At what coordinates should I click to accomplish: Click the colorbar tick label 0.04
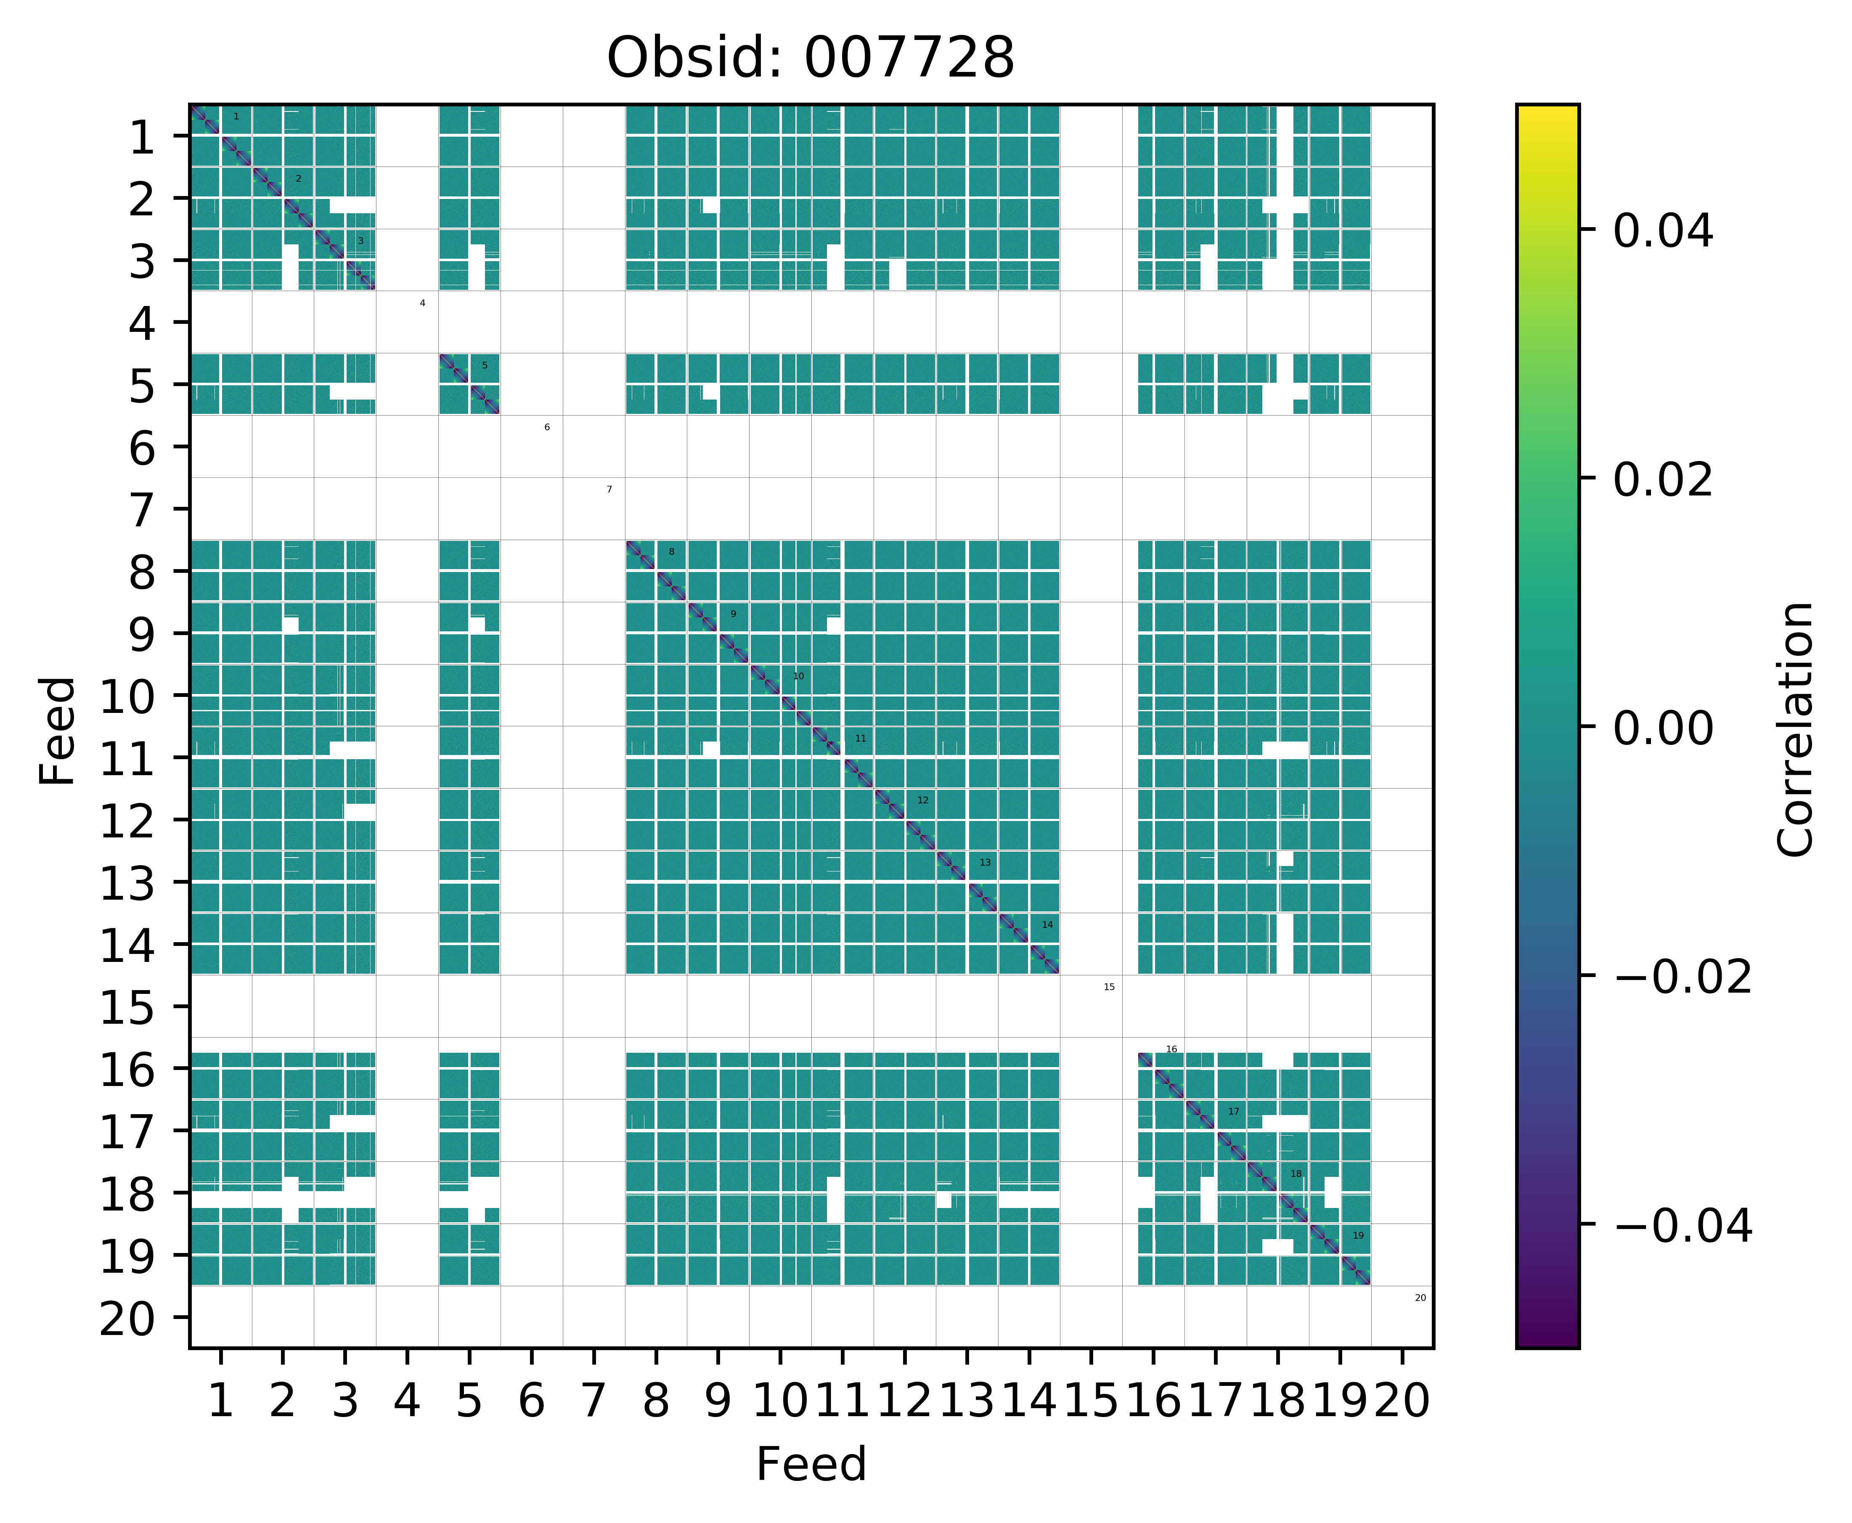click(1662, 233)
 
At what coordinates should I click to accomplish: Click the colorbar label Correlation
click(1795, 728)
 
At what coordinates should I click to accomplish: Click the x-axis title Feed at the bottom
click(811, 1464)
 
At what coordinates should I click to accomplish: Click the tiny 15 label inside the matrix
click(1109, 987)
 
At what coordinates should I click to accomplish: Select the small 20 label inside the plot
click(1420, 1298)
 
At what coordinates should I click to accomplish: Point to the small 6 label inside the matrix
click(546, 427)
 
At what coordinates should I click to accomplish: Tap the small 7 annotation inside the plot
click(609, 490)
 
